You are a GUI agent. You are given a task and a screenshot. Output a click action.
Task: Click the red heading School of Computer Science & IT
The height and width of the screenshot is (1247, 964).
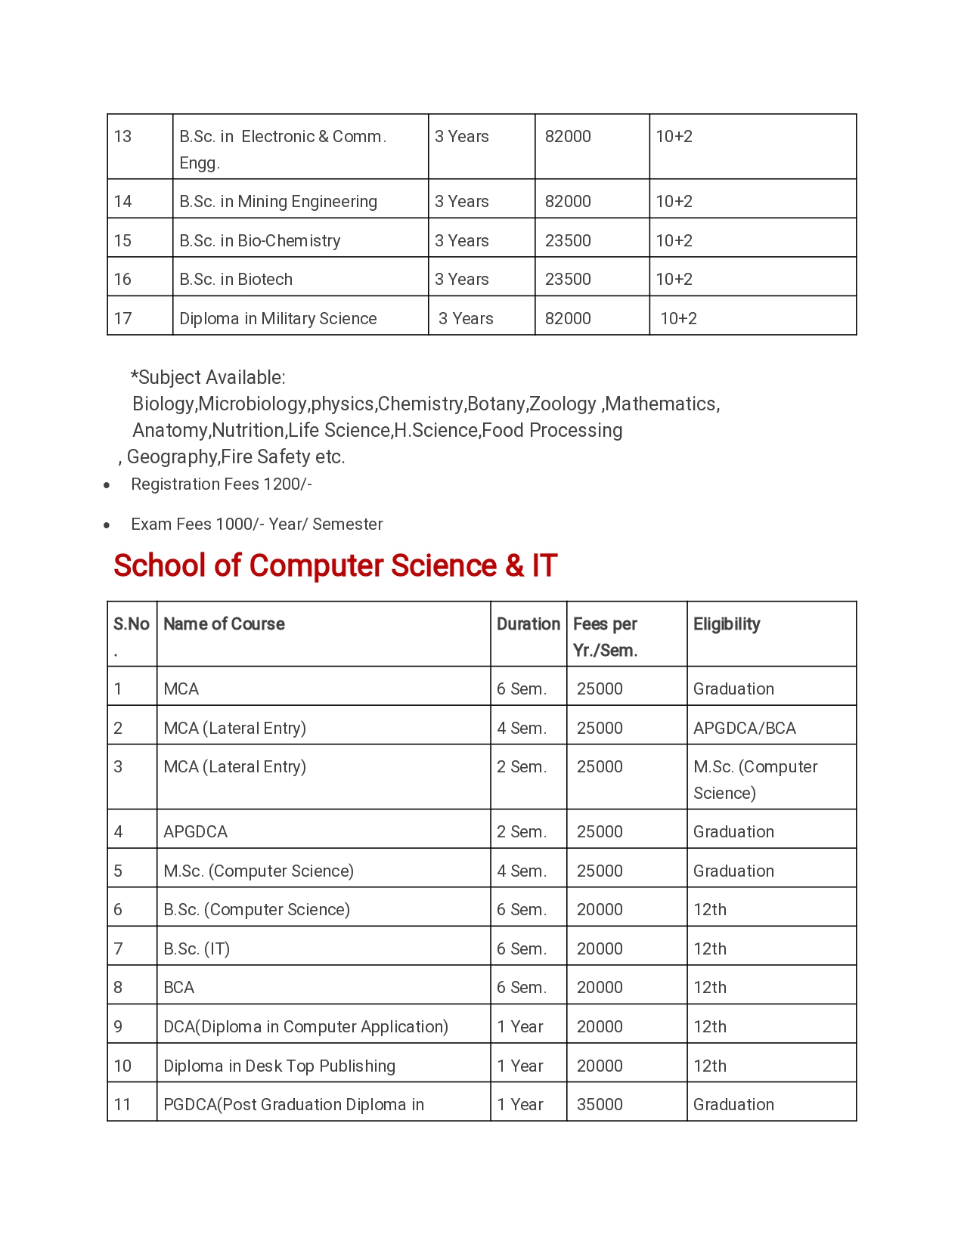click(335, 566)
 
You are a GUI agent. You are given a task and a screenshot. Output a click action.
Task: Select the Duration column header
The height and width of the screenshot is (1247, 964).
click(528, 624)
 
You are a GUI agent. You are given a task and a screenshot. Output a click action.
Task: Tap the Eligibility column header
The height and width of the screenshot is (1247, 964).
click(727, 624)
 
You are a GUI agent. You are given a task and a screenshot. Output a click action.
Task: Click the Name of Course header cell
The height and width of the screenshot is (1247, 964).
click(224, 624)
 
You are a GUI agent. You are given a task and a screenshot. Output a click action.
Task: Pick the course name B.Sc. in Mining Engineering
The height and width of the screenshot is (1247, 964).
click(277, 202)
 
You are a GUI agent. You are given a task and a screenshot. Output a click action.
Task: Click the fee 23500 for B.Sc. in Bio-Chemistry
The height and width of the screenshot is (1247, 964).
click(568, 241)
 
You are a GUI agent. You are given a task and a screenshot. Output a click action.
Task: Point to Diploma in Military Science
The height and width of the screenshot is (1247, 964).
click(277, 319)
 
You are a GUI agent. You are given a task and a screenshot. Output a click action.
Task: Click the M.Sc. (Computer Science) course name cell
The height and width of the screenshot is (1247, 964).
click(259, 871)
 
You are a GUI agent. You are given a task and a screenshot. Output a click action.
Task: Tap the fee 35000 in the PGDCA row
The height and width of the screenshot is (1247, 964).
click(600, 1105)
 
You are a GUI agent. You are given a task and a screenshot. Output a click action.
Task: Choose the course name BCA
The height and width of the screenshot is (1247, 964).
click(179, 988)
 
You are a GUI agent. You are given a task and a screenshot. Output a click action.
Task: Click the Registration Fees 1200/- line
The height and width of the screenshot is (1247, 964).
click(221, 484)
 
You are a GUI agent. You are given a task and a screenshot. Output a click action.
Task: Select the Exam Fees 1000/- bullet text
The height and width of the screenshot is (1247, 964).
click(256, 524)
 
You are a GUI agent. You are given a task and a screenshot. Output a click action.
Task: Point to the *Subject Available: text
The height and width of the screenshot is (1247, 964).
click(208, 378)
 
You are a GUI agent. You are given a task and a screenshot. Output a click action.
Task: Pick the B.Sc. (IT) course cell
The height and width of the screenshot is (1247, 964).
click(197, 949)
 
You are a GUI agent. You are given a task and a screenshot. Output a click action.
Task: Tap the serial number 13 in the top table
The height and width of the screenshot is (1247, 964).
click(122, 137)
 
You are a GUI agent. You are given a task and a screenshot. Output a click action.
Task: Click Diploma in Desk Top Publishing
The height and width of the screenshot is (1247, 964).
click(279, 1066)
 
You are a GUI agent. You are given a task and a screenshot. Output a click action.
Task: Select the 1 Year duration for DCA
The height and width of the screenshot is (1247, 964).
click(519, 1027)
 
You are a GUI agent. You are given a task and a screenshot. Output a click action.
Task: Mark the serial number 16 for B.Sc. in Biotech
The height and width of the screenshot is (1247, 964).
click(122, 280)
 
